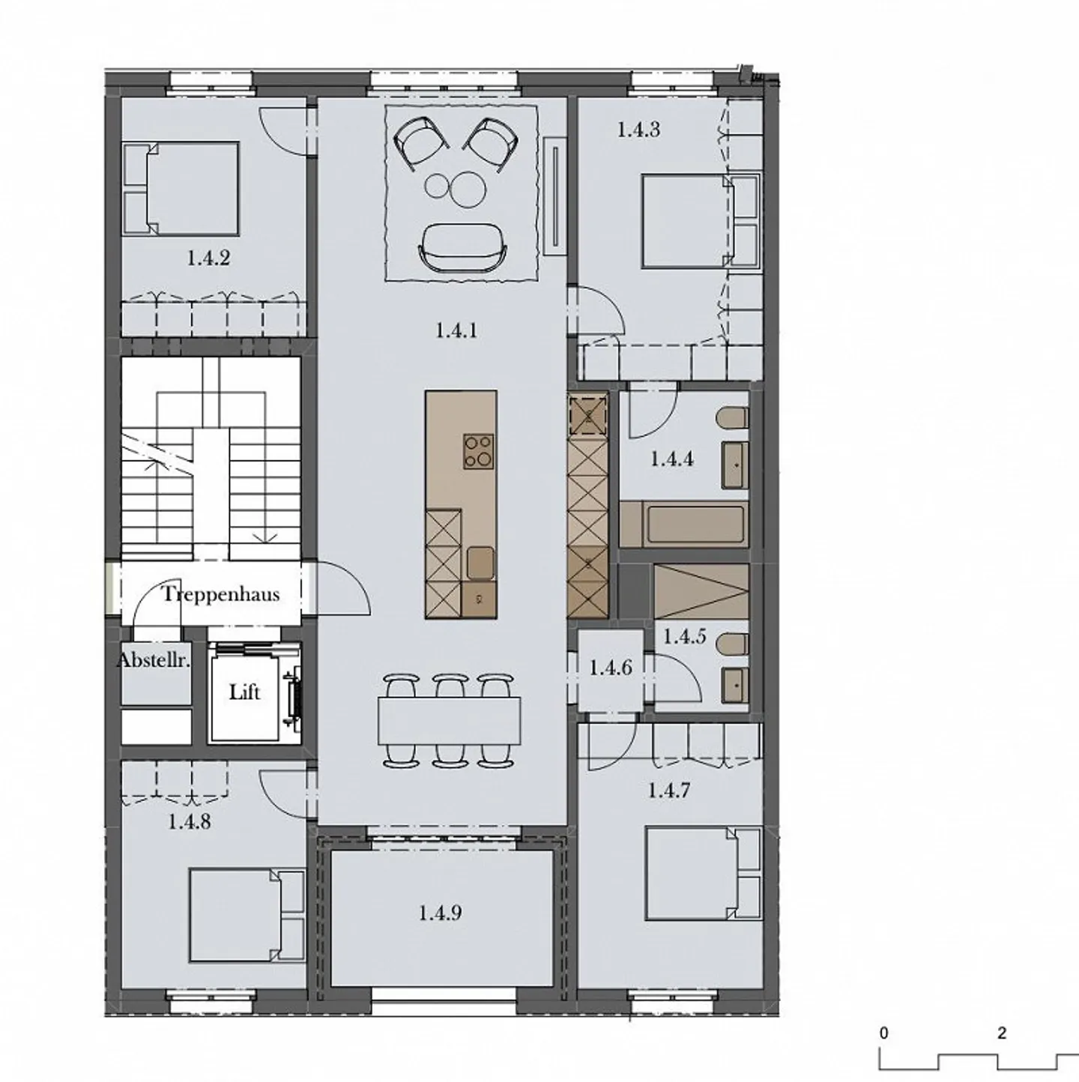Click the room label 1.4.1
coord(456,330)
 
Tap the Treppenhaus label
coord(221,595)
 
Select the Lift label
coord(244,692)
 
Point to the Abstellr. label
coord(154,662)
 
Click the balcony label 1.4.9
coord(440,913)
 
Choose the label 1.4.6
coord(610,668)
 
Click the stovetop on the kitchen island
coord(479,451)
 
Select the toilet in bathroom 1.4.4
coord(732,418)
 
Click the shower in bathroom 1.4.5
coord(701,591)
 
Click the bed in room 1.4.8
coord(244,915)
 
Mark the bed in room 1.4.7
coord(701,874)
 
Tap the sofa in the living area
coord(463,249)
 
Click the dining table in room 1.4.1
coord(450,721)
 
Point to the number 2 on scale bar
coord(1002,1033)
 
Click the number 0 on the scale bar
coord(884,1033)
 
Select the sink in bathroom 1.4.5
coord(735,684)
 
